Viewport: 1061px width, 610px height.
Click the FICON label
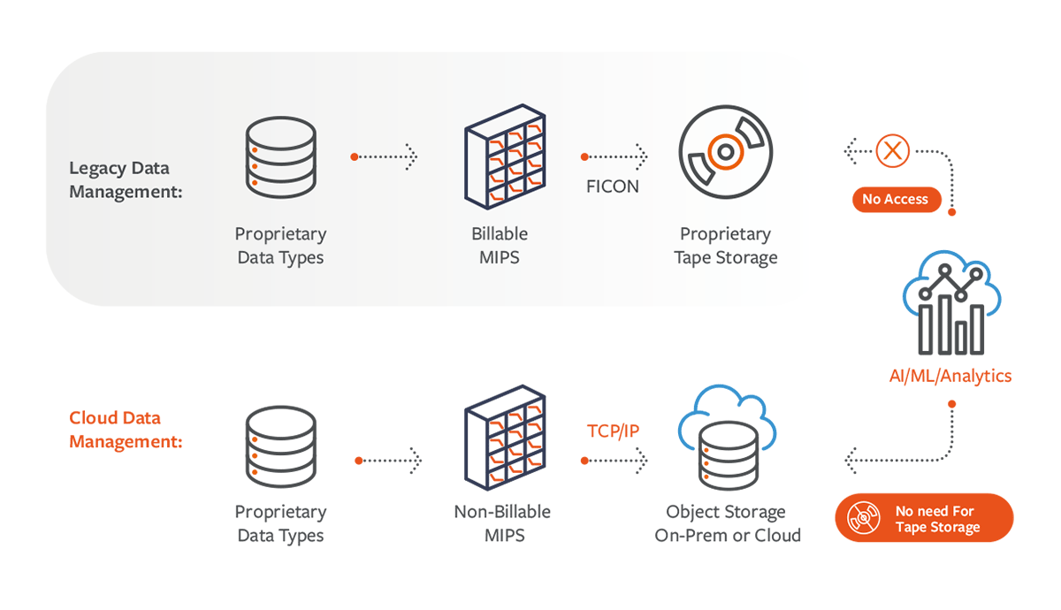tap(613, 187)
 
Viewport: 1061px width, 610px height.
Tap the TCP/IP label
tap(613, 431)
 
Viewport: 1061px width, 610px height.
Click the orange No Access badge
tap(895, 200)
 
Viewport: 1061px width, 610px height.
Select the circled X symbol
tap(892, 151)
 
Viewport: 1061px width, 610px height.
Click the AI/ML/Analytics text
tap(950, 376)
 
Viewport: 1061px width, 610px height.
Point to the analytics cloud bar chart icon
tap(951, 302)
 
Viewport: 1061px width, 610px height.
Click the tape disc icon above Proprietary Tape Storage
tap(726, 151)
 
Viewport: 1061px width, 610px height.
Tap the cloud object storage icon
tap(727, 438)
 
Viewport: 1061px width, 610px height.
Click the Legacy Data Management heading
tap(126, 180)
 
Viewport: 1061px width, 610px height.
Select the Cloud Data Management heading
tap(126, 430)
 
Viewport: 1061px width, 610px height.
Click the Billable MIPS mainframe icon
tap(505, 156)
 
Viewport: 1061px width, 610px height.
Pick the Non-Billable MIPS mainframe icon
tap(505, 438)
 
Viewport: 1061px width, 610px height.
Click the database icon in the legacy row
tap(281, 157)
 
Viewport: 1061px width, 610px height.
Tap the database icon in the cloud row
tap(281, 447)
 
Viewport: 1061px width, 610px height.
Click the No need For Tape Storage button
tap(924, 518)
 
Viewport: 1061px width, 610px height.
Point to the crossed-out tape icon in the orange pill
tap(864, 518)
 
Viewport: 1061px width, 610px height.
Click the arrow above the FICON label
tap(614, 156)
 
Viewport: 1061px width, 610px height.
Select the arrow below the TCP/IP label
tap(614, 461)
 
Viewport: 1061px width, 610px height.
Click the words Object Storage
tap(726, 512)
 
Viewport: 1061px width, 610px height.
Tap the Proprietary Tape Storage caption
tap(726, 246)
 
